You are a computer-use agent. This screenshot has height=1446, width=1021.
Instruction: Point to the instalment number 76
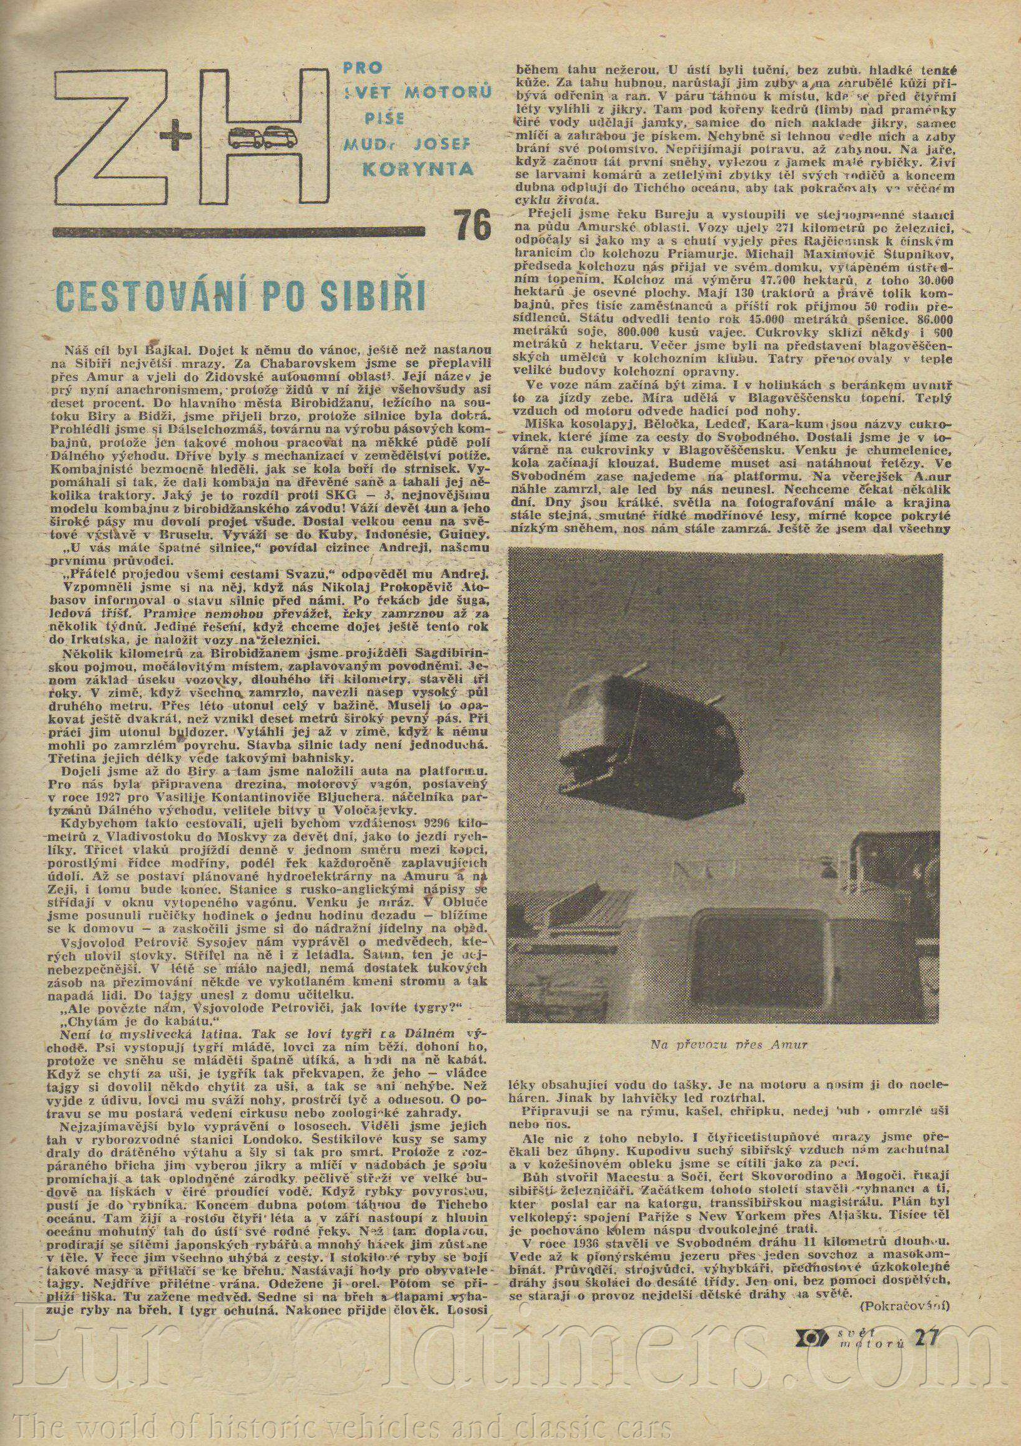tap(471, 226)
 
